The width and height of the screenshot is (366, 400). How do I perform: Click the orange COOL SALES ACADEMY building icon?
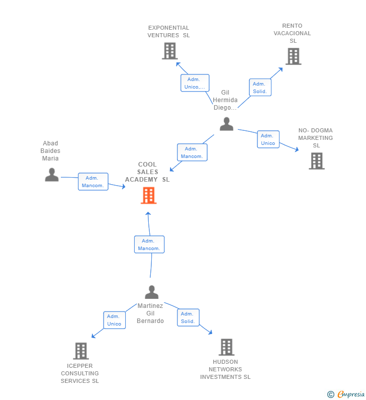click(x=148, y=195)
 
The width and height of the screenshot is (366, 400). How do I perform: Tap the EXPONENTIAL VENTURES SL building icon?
click(x=170, y=51)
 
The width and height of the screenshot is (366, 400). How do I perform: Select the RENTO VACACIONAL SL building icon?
click(x=293, y=56)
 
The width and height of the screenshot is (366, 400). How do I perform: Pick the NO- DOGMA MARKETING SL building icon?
click(x=316, y=161)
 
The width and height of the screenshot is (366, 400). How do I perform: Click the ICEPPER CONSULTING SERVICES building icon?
click(x=80, y=351)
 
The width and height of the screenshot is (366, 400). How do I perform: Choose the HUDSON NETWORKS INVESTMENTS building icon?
click(x=226, y=347)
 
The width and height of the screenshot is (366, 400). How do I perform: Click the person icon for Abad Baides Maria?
click(x=51, y=175)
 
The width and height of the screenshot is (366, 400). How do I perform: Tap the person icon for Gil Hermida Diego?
click(x=226, y=124)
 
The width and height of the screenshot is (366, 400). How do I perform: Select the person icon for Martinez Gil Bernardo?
click(x=151, y=292)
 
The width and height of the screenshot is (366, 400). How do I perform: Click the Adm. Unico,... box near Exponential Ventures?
click(x=195, y=83)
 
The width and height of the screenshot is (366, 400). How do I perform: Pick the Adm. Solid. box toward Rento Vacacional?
click(x=260, y=88)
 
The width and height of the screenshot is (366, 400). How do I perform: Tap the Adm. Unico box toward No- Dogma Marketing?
click(x=268, y=139)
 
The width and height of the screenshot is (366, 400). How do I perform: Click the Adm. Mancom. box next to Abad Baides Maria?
click(x=93, y=182)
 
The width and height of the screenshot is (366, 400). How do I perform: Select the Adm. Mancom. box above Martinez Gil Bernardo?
click(x=149, y=245)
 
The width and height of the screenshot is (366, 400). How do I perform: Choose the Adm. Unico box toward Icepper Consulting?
click(x=114, y=320)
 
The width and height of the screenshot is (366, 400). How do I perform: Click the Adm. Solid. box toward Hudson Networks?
click(x=188, y=317)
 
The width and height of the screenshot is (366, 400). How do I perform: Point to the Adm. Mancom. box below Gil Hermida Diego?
click(x=192, y=152)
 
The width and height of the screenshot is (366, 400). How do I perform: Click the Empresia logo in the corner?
click(x=346, y=394)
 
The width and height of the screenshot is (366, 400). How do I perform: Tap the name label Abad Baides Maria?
click(x=50, y=151)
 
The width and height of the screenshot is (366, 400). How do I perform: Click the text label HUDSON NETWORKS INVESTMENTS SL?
click(x=225, y=369)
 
